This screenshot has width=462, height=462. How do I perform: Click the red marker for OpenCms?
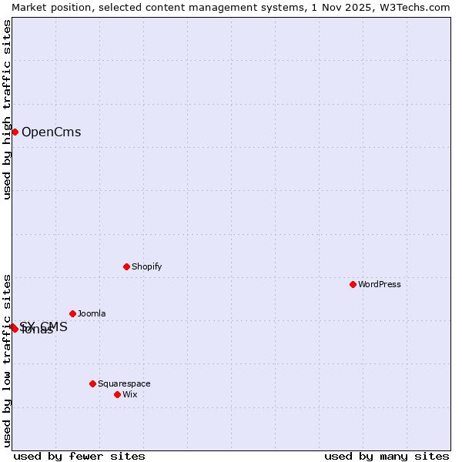pos(15,132)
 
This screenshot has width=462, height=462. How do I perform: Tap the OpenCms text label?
pos(51,132)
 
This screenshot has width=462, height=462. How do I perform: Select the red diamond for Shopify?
pos(126,266)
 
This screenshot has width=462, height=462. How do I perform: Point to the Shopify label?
pos(146,266)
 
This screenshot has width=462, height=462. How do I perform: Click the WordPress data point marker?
pos(353,284)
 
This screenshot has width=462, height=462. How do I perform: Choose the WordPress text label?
pos(379,284)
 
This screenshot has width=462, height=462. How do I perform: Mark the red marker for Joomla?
pos(72,313)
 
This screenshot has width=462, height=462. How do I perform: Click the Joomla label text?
pos(92,313)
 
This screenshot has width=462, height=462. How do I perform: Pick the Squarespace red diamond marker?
pos(92,383)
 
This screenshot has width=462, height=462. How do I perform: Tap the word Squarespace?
pos(124,383)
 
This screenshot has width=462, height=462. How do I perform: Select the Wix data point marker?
pos(117,394)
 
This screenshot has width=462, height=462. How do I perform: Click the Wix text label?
pos(129,394)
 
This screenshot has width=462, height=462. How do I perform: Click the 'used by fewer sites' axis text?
pos(79,456)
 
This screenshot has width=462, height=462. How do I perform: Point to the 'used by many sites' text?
pos(387,456)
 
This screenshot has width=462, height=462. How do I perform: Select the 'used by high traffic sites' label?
pos(7,109)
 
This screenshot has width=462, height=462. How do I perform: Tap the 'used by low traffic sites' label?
pos(7,360)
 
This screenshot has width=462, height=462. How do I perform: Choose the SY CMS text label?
pos(45,326)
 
